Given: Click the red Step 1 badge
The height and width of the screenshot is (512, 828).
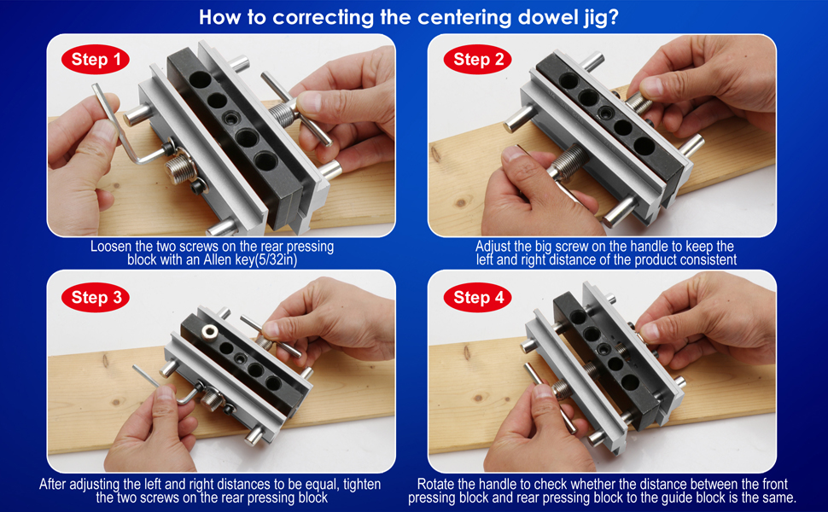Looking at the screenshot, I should point(96,59).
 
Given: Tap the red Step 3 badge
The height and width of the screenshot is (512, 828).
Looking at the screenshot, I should point(96,297).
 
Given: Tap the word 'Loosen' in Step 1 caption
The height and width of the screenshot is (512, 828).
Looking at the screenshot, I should point(111,247).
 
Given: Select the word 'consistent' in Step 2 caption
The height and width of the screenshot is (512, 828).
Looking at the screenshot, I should point(699,259).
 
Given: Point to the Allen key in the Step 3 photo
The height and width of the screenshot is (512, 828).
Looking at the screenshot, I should point(158,384).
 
